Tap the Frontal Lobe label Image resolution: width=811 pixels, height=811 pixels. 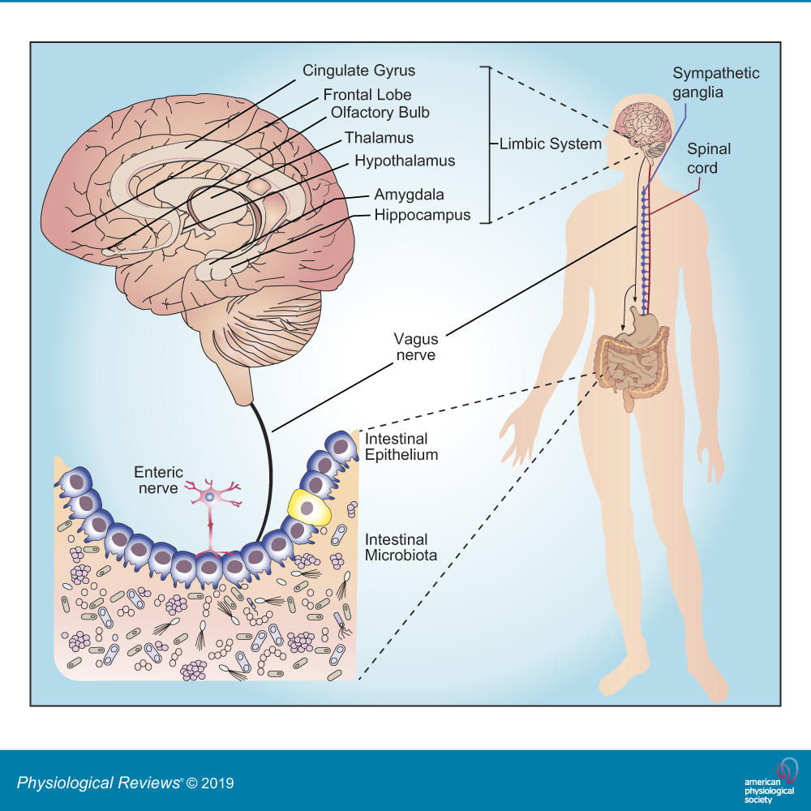pyautogui.click(x=367, y=95)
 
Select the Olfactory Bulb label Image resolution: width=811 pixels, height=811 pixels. pyautogui.click(x=380, y=112)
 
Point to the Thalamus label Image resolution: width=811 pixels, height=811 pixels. pyautogui.click(x=379, y=138)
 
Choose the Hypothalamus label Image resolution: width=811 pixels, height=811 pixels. pyautogui.click(x=405, y=161)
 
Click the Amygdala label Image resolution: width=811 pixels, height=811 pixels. pyautogui.click(x=410, y=195)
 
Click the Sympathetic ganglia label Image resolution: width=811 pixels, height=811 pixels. pyautogui.click(x=716, y=83)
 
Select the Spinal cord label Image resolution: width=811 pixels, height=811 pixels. pyautogui.click(x=709, y=158)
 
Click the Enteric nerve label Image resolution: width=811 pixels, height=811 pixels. pyautogui.click(x=159, y=480)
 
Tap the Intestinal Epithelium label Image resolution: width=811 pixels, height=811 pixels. pyautogui.click(x=401, y=447)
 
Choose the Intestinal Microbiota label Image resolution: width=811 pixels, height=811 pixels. pyautogui.click(x=401, y=547)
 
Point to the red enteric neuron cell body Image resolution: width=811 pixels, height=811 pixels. pyautogui.click(x=209, y=496)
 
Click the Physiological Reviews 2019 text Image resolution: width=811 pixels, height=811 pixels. pyautogui.click(x=126, y=783)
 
